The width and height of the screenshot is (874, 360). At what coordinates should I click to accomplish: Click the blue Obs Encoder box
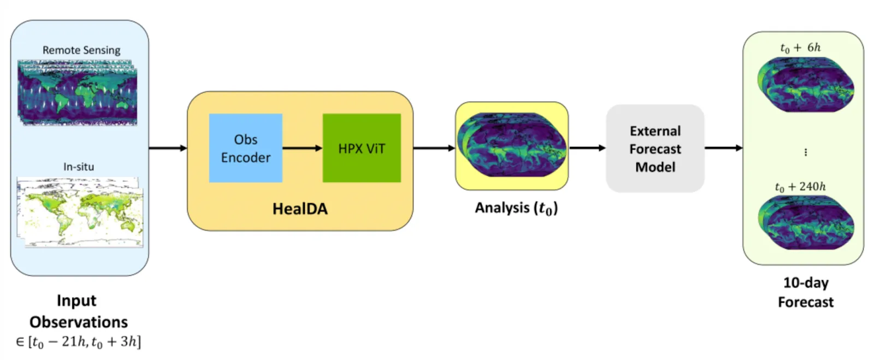245,148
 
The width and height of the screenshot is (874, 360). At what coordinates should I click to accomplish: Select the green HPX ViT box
362,148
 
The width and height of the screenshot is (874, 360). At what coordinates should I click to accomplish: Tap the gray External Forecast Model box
655,149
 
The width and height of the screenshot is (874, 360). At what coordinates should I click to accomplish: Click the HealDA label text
300,209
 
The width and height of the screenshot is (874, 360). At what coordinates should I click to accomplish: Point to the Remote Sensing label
81,50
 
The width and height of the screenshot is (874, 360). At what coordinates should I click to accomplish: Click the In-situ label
79,167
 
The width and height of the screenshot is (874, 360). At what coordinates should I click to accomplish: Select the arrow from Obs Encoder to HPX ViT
302,148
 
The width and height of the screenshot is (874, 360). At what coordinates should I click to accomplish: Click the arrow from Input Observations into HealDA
168,148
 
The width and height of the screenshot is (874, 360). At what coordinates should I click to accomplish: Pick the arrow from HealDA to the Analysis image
434,148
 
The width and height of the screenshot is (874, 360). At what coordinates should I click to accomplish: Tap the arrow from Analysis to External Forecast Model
587,148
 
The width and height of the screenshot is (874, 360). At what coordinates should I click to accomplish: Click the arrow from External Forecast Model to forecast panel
723,148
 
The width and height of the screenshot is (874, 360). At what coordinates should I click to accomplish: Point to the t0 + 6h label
800,48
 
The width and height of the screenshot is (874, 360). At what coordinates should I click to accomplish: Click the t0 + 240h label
800,187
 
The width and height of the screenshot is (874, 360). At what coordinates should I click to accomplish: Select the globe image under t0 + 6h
805,85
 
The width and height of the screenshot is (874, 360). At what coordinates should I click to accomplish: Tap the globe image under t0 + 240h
805,222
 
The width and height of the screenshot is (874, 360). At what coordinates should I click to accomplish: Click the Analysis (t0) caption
516,208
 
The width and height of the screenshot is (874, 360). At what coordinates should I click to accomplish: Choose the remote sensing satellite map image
78,93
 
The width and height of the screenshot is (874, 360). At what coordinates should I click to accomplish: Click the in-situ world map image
80,212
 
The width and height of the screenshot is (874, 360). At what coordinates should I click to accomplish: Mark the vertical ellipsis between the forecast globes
806,152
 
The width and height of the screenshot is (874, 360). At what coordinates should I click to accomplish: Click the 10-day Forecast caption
806,292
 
